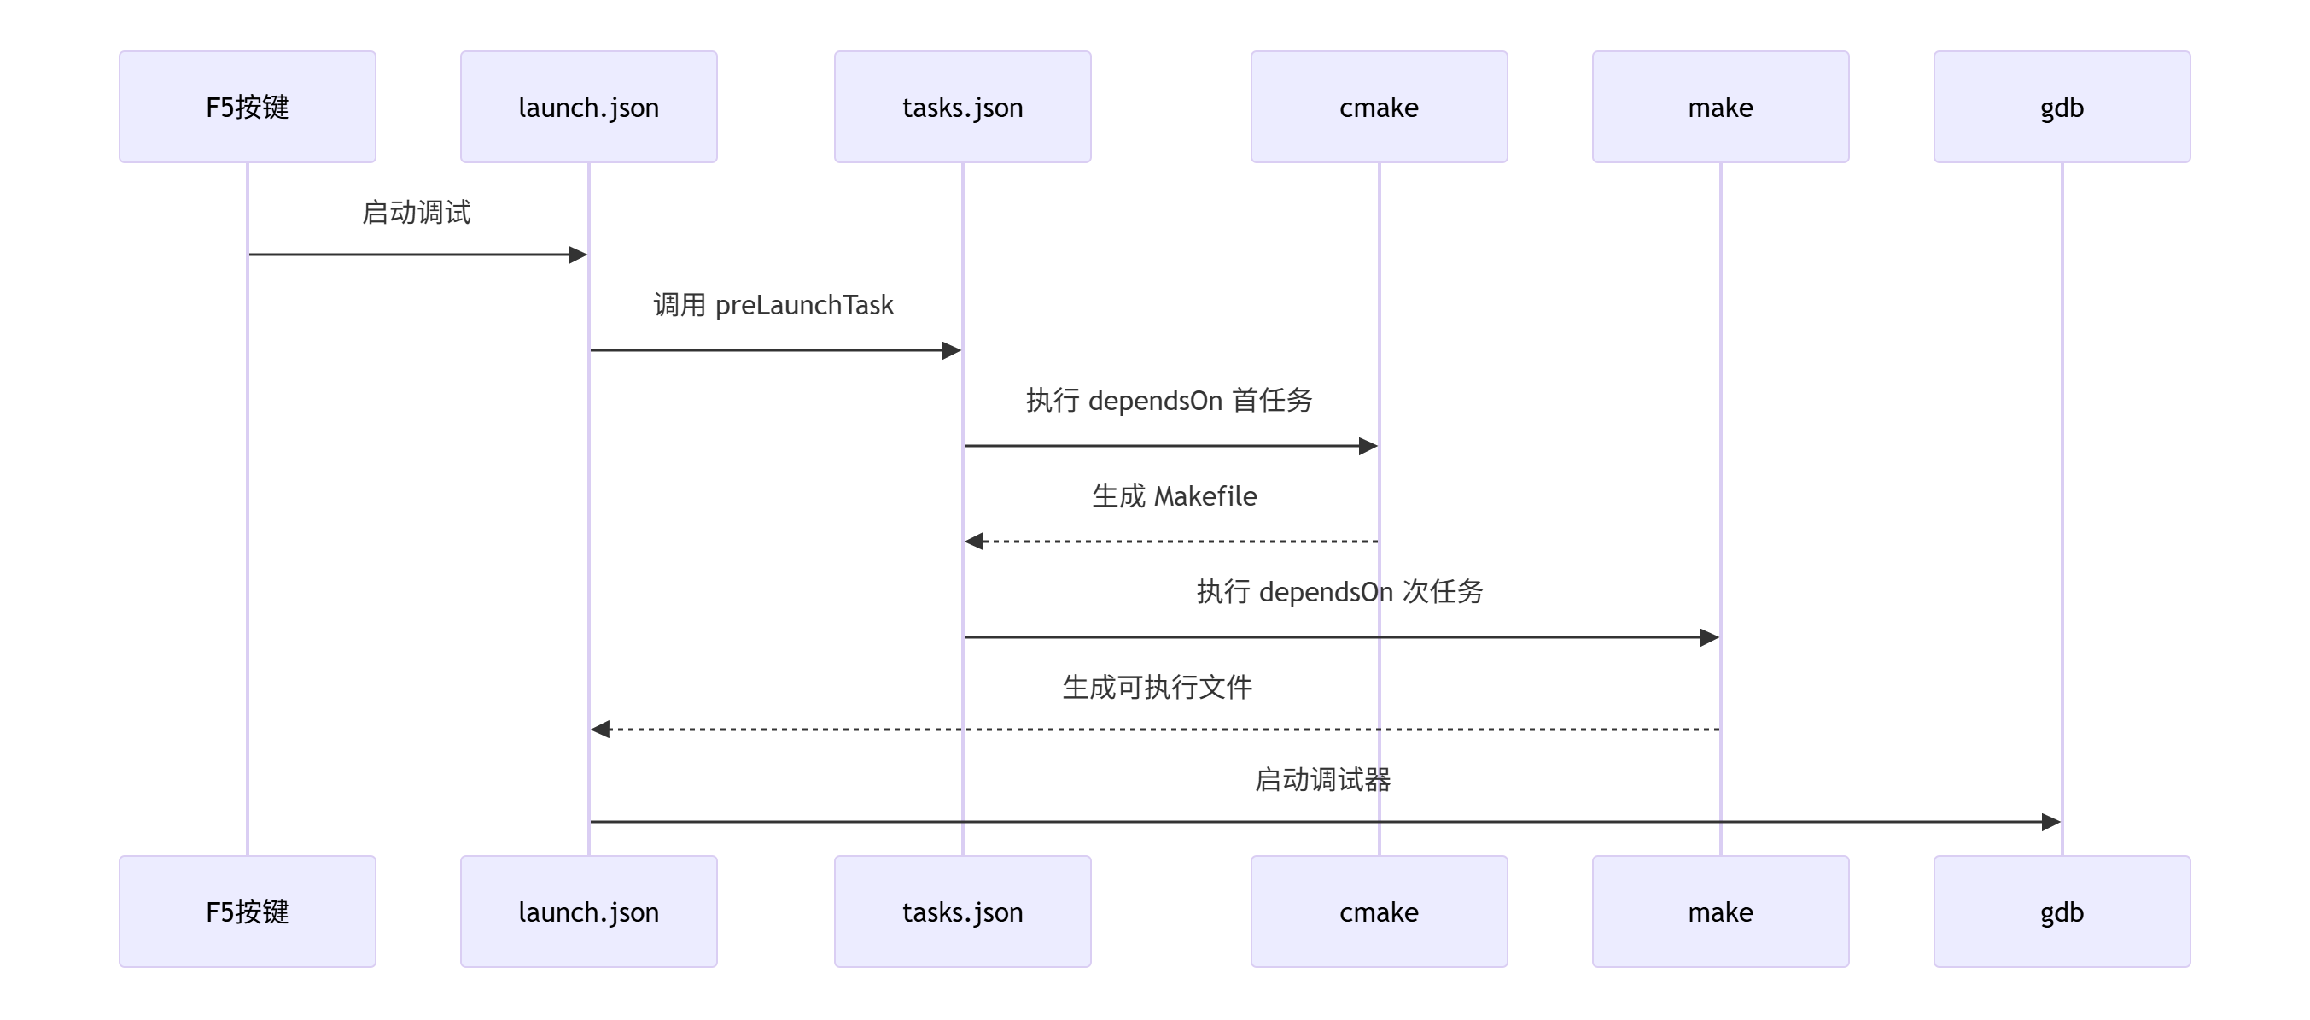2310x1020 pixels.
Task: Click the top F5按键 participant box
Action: click(x=248, y=107)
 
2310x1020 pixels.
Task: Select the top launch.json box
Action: click(x=588, y=107)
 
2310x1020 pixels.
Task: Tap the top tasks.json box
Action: click(x=962, y=107)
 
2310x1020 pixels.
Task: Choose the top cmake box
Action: click(x=1379, y=107)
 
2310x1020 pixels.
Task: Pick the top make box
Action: click(x=1720, y=107)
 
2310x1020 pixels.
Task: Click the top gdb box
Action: click(x=2062, y=107)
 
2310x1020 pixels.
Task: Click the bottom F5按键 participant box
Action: click(x=248, y=912)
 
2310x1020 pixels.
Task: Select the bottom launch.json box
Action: click(x=588, y=912)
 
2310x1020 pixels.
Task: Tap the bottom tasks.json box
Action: click(x=962, y=912)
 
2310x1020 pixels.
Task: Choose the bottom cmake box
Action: click(x=1379, y=912)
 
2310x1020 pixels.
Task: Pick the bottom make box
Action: click(x=1720, y=912)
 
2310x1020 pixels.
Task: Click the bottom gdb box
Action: click(x=2062, y=912)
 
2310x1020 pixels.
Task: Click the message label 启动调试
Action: click(x=416, y=213)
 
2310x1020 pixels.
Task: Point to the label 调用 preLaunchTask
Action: click(x=773, y=305)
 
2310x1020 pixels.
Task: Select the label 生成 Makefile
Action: click(x=1174, y=496)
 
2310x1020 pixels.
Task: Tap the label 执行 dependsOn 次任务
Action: click(x=1339, y=592)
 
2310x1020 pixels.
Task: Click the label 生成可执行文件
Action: click(x=1157, y=687)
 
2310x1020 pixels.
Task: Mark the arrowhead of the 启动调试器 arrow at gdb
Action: click(x=2050, y=822)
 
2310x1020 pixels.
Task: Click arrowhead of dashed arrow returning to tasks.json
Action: click(x=975, y=541)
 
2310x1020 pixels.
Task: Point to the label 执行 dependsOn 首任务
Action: click(x=1169, y=400)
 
